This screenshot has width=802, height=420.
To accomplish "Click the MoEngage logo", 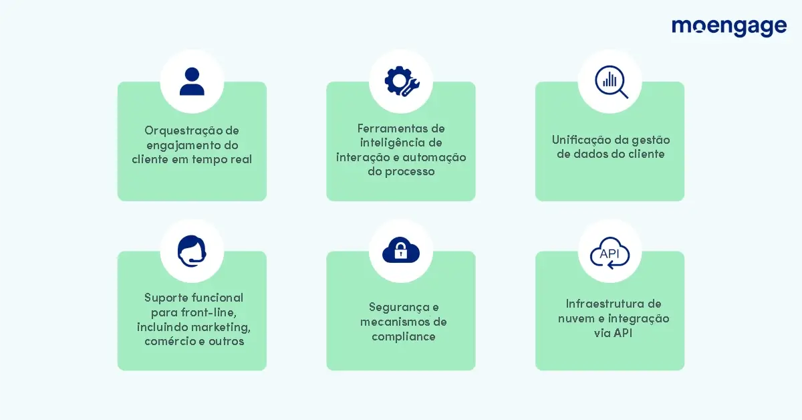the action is click(729, 27).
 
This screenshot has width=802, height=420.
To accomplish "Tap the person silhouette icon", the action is click(192, 82).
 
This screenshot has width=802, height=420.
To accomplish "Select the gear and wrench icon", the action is click(402, 82).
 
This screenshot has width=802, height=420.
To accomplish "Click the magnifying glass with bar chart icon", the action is click(612, 82).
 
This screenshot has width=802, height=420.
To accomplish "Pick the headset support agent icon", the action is click(192, 251).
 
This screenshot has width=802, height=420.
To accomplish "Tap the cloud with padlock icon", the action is click(401, 249).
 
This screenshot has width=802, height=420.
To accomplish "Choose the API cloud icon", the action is click(610, 253).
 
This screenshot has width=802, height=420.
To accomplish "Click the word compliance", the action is click(404, 337).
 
